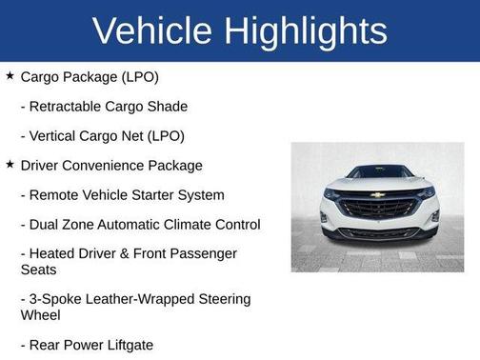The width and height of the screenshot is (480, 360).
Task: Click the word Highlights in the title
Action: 306,30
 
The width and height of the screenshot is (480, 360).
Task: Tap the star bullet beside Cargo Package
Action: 10,75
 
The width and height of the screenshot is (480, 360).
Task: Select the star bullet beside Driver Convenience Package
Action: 10,165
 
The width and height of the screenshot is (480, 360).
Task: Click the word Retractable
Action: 71,106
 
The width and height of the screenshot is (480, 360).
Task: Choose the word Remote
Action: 55,195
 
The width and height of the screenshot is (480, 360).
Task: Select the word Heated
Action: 54,254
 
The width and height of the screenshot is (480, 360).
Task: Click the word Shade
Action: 167,106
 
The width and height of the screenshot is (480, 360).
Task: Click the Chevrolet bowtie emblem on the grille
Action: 378,194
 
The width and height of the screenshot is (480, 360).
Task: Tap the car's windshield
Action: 378,173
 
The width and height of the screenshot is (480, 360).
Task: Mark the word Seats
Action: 40,270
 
